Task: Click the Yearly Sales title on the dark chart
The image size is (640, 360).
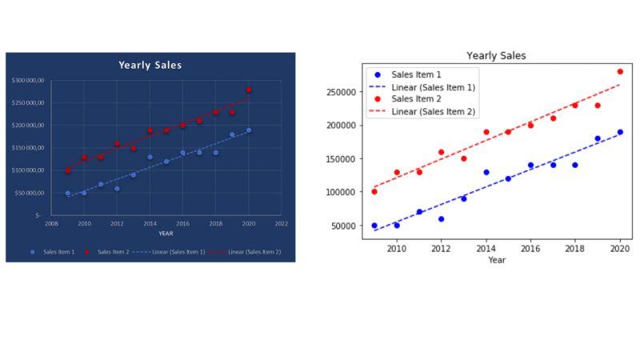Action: tap(150, 65)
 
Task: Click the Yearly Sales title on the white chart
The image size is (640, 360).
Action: tap(496, 56)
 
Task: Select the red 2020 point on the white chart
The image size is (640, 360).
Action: tap(620, 71)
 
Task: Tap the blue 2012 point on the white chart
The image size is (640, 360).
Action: tap(441, 218)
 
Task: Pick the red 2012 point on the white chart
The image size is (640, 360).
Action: tap(441, 152)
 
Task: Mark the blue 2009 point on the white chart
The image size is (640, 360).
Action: tap(374, 226)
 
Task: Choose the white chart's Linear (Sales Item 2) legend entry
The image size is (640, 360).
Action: tap(433, 111)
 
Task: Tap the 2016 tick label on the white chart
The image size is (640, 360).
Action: tap(530, 249)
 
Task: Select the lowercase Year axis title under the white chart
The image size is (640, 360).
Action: tap(497, 260)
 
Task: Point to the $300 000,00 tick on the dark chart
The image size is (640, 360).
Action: tap(29, 81)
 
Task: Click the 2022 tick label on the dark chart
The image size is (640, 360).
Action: tap(281, 224)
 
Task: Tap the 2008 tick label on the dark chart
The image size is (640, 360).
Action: tap(51, 224)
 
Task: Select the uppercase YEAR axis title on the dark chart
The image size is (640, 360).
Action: tap(166, 234)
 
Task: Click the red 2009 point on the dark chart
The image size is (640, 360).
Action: tap(67, 170)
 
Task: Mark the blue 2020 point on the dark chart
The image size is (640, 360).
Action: tap(248, 130)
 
